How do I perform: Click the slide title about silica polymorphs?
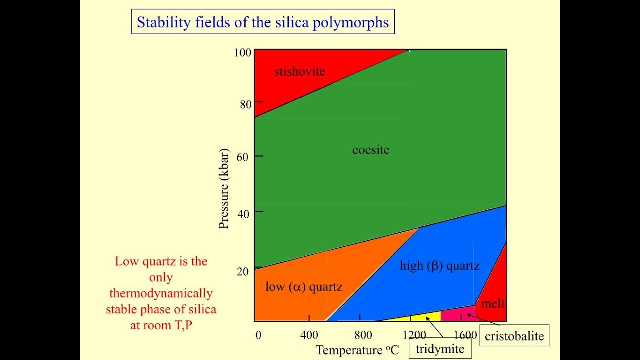tap(263, 23)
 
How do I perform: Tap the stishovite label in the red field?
tap(299, 71)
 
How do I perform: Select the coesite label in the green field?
tap(370, 150)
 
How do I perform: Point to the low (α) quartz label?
tap(304, 286)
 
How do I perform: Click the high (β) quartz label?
tap(439, 265)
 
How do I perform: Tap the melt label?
tap(492, 303)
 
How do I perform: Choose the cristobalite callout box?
tap(514, 336)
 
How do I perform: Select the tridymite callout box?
tap(440, 349)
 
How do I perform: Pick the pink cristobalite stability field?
tap(457, 314)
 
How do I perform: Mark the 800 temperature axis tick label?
tap(363, 335)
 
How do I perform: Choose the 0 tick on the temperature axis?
tap(258, 335)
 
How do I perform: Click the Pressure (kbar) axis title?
tap(224, 188)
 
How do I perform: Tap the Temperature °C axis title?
tap(357, 350)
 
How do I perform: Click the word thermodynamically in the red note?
tap(161, 293)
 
